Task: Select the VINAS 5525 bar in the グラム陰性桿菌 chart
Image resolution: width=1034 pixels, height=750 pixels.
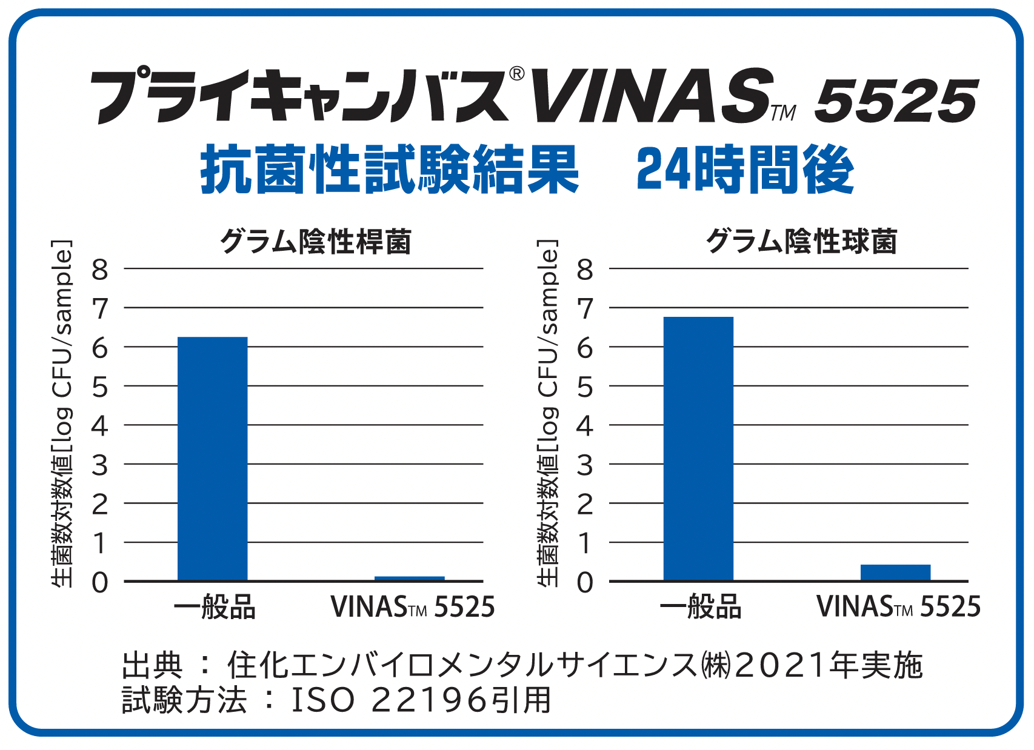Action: [409, 578]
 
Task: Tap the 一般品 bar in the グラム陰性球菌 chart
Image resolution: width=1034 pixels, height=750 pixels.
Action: [698, 448]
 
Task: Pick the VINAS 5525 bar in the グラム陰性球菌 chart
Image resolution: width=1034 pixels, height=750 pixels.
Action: [895, 572]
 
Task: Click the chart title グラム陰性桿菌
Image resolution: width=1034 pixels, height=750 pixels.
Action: [315, 242]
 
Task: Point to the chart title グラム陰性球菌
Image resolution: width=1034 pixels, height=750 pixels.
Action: [801, 242]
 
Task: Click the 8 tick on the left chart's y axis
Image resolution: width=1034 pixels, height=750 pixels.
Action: [100, 270]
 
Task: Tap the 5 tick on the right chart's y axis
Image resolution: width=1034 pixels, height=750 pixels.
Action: [585, 387]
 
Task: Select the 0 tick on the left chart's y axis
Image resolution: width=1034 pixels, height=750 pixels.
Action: [100, 583]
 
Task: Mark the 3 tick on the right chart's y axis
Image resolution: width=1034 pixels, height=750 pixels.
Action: [585, 466]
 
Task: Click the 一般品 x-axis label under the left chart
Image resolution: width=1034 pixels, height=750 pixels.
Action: [215, 607]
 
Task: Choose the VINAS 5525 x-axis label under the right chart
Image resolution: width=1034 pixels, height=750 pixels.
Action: [898, 607]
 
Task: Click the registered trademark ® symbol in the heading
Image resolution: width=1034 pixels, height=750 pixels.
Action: [516, 73]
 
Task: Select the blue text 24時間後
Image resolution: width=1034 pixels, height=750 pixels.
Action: [745, 170]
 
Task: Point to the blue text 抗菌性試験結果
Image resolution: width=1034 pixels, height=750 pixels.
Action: [389, 170]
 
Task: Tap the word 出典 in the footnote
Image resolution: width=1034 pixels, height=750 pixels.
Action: [152, 665]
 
